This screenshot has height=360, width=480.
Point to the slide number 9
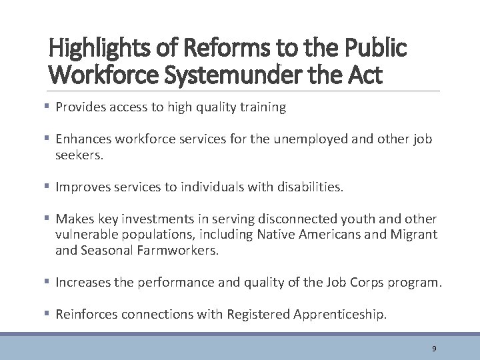(434, 349)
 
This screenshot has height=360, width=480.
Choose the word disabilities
(309, 188)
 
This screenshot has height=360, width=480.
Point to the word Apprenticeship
(340, 315)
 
